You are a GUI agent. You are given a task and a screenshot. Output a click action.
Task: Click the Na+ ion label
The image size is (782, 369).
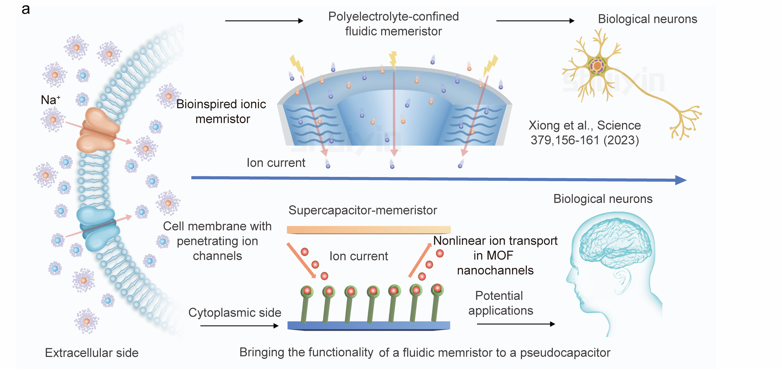point(50,100)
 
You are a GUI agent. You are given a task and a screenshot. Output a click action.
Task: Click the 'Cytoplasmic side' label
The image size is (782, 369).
point(235,313)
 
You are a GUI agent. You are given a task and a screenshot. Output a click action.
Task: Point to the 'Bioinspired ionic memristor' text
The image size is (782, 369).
point(222,112)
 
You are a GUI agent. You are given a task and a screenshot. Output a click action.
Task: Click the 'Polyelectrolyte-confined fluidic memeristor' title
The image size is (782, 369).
point(393,24)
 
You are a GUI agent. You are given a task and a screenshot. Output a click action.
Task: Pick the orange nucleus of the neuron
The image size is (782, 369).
point(597,66)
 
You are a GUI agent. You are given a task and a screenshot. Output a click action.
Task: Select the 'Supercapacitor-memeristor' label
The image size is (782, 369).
point(363,210)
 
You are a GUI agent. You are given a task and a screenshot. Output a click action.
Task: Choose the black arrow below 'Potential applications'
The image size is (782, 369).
point(516,324)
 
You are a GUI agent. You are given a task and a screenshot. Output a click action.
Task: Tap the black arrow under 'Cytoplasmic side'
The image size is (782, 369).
point(239,326)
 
